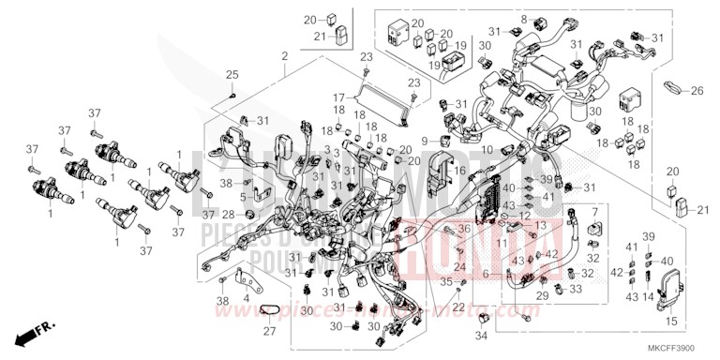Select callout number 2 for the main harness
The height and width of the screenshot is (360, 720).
coord(283,58)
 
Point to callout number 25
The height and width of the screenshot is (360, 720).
coord(232,74)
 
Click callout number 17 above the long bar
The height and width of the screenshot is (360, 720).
coord(338,97)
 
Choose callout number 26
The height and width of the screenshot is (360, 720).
coord(697,91)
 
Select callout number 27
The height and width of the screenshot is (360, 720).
coord(270,330)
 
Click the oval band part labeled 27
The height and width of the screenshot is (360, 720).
coord(270,312)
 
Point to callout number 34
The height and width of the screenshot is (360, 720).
coord(481,336)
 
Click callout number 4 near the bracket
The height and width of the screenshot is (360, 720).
coord(246,299)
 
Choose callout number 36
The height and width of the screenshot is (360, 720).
coord(463,229)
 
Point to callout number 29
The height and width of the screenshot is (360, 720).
coord(541,295)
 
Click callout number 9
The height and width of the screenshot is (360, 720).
coord(425,142)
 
